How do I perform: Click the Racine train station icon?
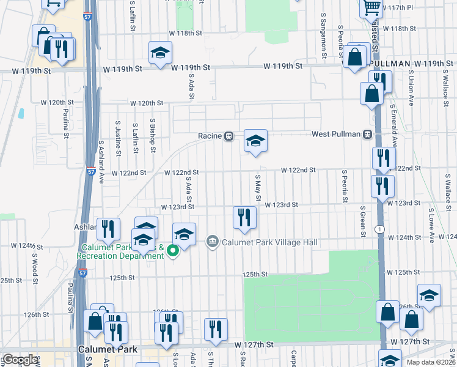click(x=228, y=136)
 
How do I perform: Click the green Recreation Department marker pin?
click(x=173, y=249)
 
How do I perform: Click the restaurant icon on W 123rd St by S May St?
click(x=243, y=217)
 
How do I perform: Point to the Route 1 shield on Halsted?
click(x=380, y=228)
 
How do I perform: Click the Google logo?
click(x=20, y=360)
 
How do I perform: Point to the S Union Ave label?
click(x=411, y=90)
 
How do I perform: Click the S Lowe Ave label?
click(x=432, y=228)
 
